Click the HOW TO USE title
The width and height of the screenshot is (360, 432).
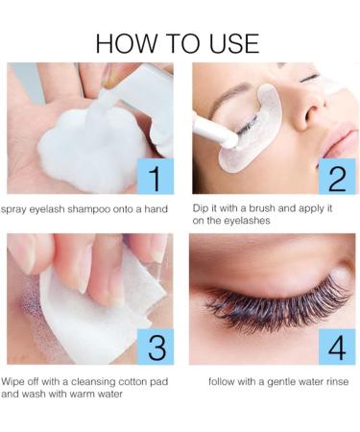coord(179,43)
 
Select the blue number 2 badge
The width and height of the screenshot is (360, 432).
coord(337,176)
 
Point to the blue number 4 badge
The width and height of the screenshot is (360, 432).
coord(337,346)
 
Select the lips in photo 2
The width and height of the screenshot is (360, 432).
coord(341,144)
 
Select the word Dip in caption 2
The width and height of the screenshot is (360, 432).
coord(203,209)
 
